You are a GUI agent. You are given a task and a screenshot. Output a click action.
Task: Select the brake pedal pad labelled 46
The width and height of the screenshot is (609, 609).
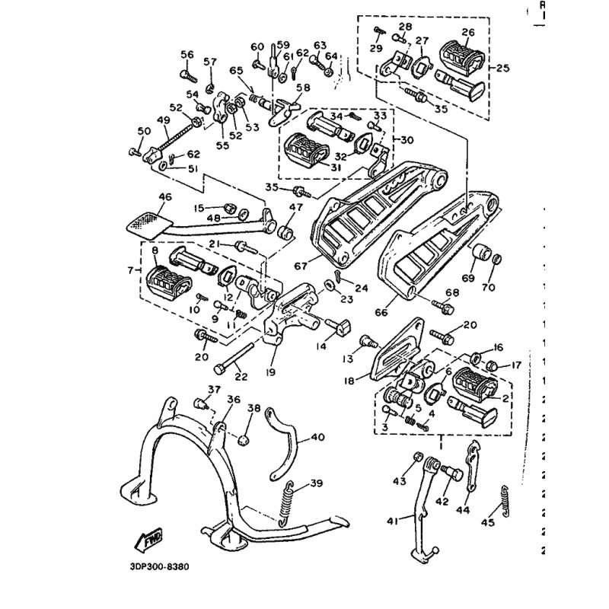pos(145,223)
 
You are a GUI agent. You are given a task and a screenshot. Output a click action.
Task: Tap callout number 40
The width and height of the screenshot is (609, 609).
pos(317,438)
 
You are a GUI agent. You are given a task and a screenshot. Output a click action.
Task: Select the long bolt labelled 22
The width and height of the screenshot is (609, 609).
pos(236,362)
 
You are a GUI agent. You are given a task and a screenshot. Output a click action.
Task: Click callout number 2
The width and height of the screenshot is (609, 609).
pos(505,396)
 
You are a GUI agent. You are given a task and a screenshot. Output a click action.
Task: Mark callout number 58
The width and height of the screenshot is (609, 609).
pos(303,88)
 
